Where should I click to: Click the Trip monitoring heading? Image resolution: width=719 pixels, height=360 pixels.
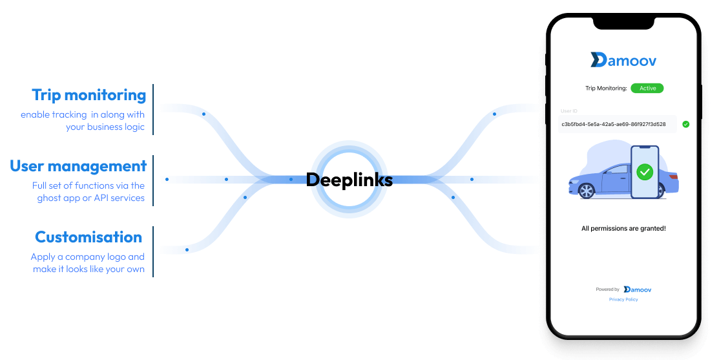pyautogui.click(x=89, y=95)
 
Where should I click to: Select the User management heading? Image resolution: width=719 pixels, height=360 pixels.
pyautogui.click(x=78, y=166)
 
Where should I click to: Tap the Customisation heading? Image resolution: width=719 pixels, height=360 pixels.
pyautogui.click(x=89, y=237)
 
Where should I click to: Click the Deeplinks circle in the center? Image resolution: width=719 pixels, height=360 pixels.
pyautogui.click(x=349, y=180)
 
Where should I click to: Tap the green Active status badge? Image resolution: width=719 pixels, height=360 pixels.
pyautogui.click(x=647, y=88)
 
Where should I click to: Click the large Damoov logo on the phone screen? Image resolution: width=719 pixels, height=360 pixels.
pyautogui.click(x=623, y=60)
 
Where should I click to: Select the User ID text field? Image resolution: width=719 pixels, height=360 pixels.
pyautogui.click(x=617, y=124)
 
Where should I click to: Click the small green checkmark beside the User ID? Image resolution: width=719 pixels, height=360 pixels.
pyautogui.click(x=685, y=124)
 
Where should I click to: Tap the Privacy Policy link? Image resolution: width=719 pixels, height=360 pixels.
pyautogui.click(x=623, y=299)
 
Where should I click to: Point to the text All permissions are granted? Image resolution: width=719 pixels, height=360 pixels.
pyautogui.click(x=623, y=229)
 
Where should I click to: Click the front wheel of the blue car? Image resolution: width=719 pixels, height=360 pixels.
pyautogui.click(x=586, y=191)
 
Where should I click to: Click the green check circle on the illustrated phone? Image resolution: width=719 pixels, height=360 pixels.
pyautogui.click(x=644, y=172)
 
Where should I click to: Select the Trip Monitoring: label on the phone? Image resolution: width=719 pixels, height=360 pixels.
pyautogui.click(x=606, y=89)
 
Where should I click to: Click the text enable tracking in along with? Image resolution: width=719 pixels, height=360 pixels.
pyautogui.click(x=83, y=115)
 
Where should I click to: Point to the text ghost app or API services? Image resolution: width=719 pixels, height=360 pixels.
pyautogui.click(x=91, y=198)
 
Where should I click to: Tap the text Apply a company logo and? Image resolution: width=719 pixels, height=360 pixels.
pyautogui.click(x=87, y=257)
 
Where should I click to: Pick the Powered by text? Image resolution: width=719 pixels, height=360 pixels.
pyautogui.click(x=607, y=290)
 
